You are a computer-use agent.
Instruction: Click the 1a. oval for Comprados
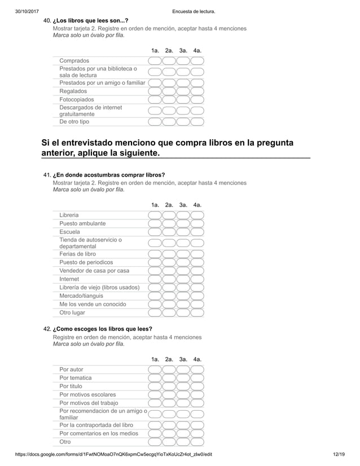click(x=155, y=61)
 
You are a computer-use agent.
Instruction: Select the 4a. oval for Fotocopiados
click(x=197, y=100)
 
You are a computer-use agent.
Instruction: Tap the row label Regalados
click(x=73, y=91)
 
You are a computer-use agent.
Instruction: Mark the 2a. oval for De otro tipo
click(x=169, y=121)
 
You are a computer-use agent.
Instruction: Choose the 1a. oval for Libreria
click(x=155, y=216)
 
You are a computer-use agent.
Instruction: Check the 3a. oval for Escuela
click(x=183, y=232)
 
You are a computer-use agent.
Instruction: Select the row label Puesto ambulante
click(x=82, y=223)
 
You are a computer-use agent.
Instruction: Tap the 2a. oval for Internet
click(x=169, y=279)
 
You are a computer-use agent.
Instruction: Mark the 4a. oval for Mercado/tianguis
click(x=197, y=295)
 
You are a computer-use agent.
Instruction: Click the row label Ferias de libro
click(x=78, y=254)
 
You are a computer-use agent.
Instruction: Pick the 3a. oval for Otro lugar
click(x=183, y=312)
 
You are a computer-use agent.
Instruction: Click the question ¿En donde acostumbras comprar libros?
click(x=109, y=175)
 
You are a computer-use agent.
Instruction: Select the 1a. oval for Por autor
click(x=155, y=370)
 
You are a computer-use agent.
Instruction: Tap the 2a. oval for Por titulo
click(x=169, y=386)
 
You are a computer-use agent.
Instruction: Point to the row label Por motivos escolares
click(x=87, y=394)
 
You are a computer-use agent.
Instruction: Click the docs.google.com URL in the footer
click(x=113, y=454)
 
